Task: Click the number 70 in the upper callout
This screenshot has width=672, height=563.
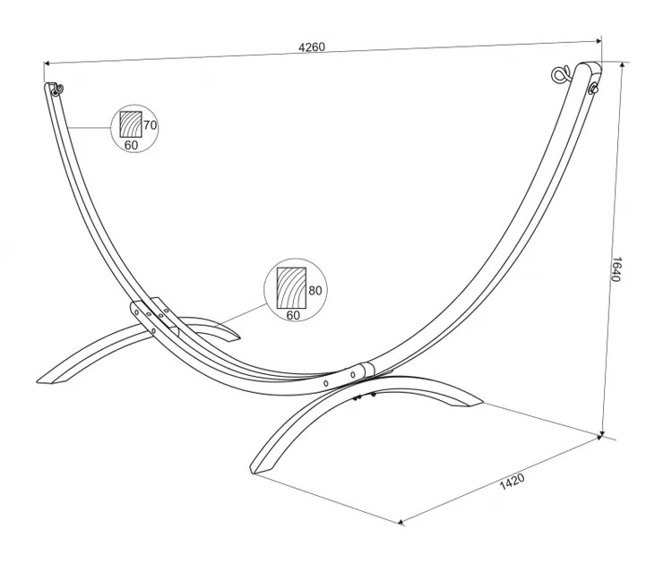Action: tap(150, 125)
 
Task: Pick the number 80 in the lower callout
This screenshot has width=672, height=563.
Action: tap(314, 291)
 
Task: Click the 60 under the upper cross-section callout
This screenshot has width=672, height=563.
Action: tap(131, 144)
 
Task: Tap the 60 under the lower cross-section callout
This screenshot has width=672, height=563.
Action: tap(292, 314)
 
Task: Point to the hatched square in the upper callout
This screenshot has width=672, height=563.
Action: tap(131, 124)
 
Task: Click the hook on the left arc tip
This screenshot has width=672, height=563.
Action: tap(56, 89)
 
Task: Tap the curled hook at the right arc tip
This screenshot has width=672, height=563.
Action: tap(563, 73)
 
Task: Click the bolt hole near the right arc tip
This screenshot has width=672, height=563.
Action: tap(594, 89)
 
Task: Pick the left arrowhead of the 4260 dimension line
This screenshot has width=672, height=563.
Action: tap(47, 63)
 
